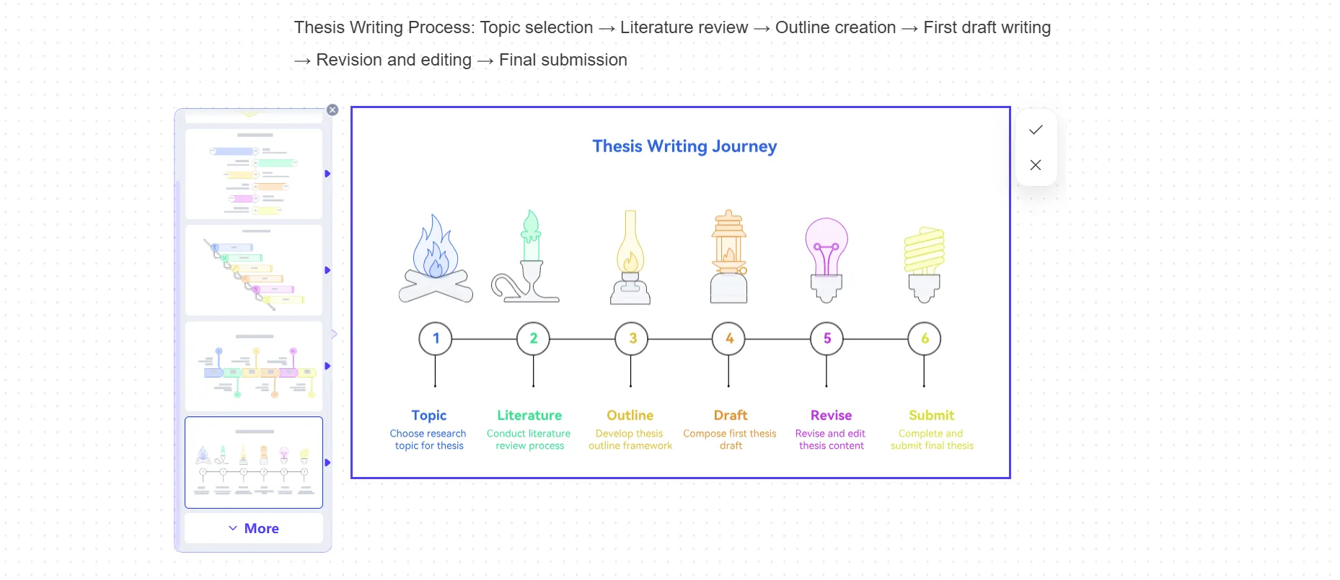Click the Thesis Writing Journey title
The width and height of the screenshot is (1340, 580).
684,146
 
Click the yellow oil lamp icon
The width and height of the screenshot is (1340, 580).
630,257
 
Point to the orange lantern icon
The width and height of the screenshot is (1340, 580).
729,256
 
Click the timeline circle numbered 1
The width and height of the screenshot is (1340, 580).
436,339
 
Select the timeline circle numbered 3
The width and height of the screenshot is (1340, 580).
632,339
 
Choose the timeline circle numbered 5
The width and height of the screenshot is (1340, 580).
827,339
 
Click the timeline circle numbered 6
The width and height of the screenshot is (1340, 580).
925,339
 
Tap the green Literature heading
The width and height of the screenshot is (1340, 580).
529,415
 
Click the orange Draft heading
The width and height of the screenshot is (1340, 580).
731,415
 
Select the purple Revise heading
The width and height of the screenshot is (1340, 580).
831,415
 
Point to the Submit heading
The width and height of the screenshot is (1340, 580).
931,415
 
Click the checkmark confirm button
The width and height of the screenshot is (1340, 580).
1036,130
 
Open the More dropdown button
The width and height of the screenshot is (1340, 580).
254,528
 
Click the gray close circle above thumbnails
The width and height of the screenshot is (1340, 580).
332,110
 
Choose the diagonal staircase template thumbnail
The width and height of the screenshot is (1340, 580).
254,270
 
